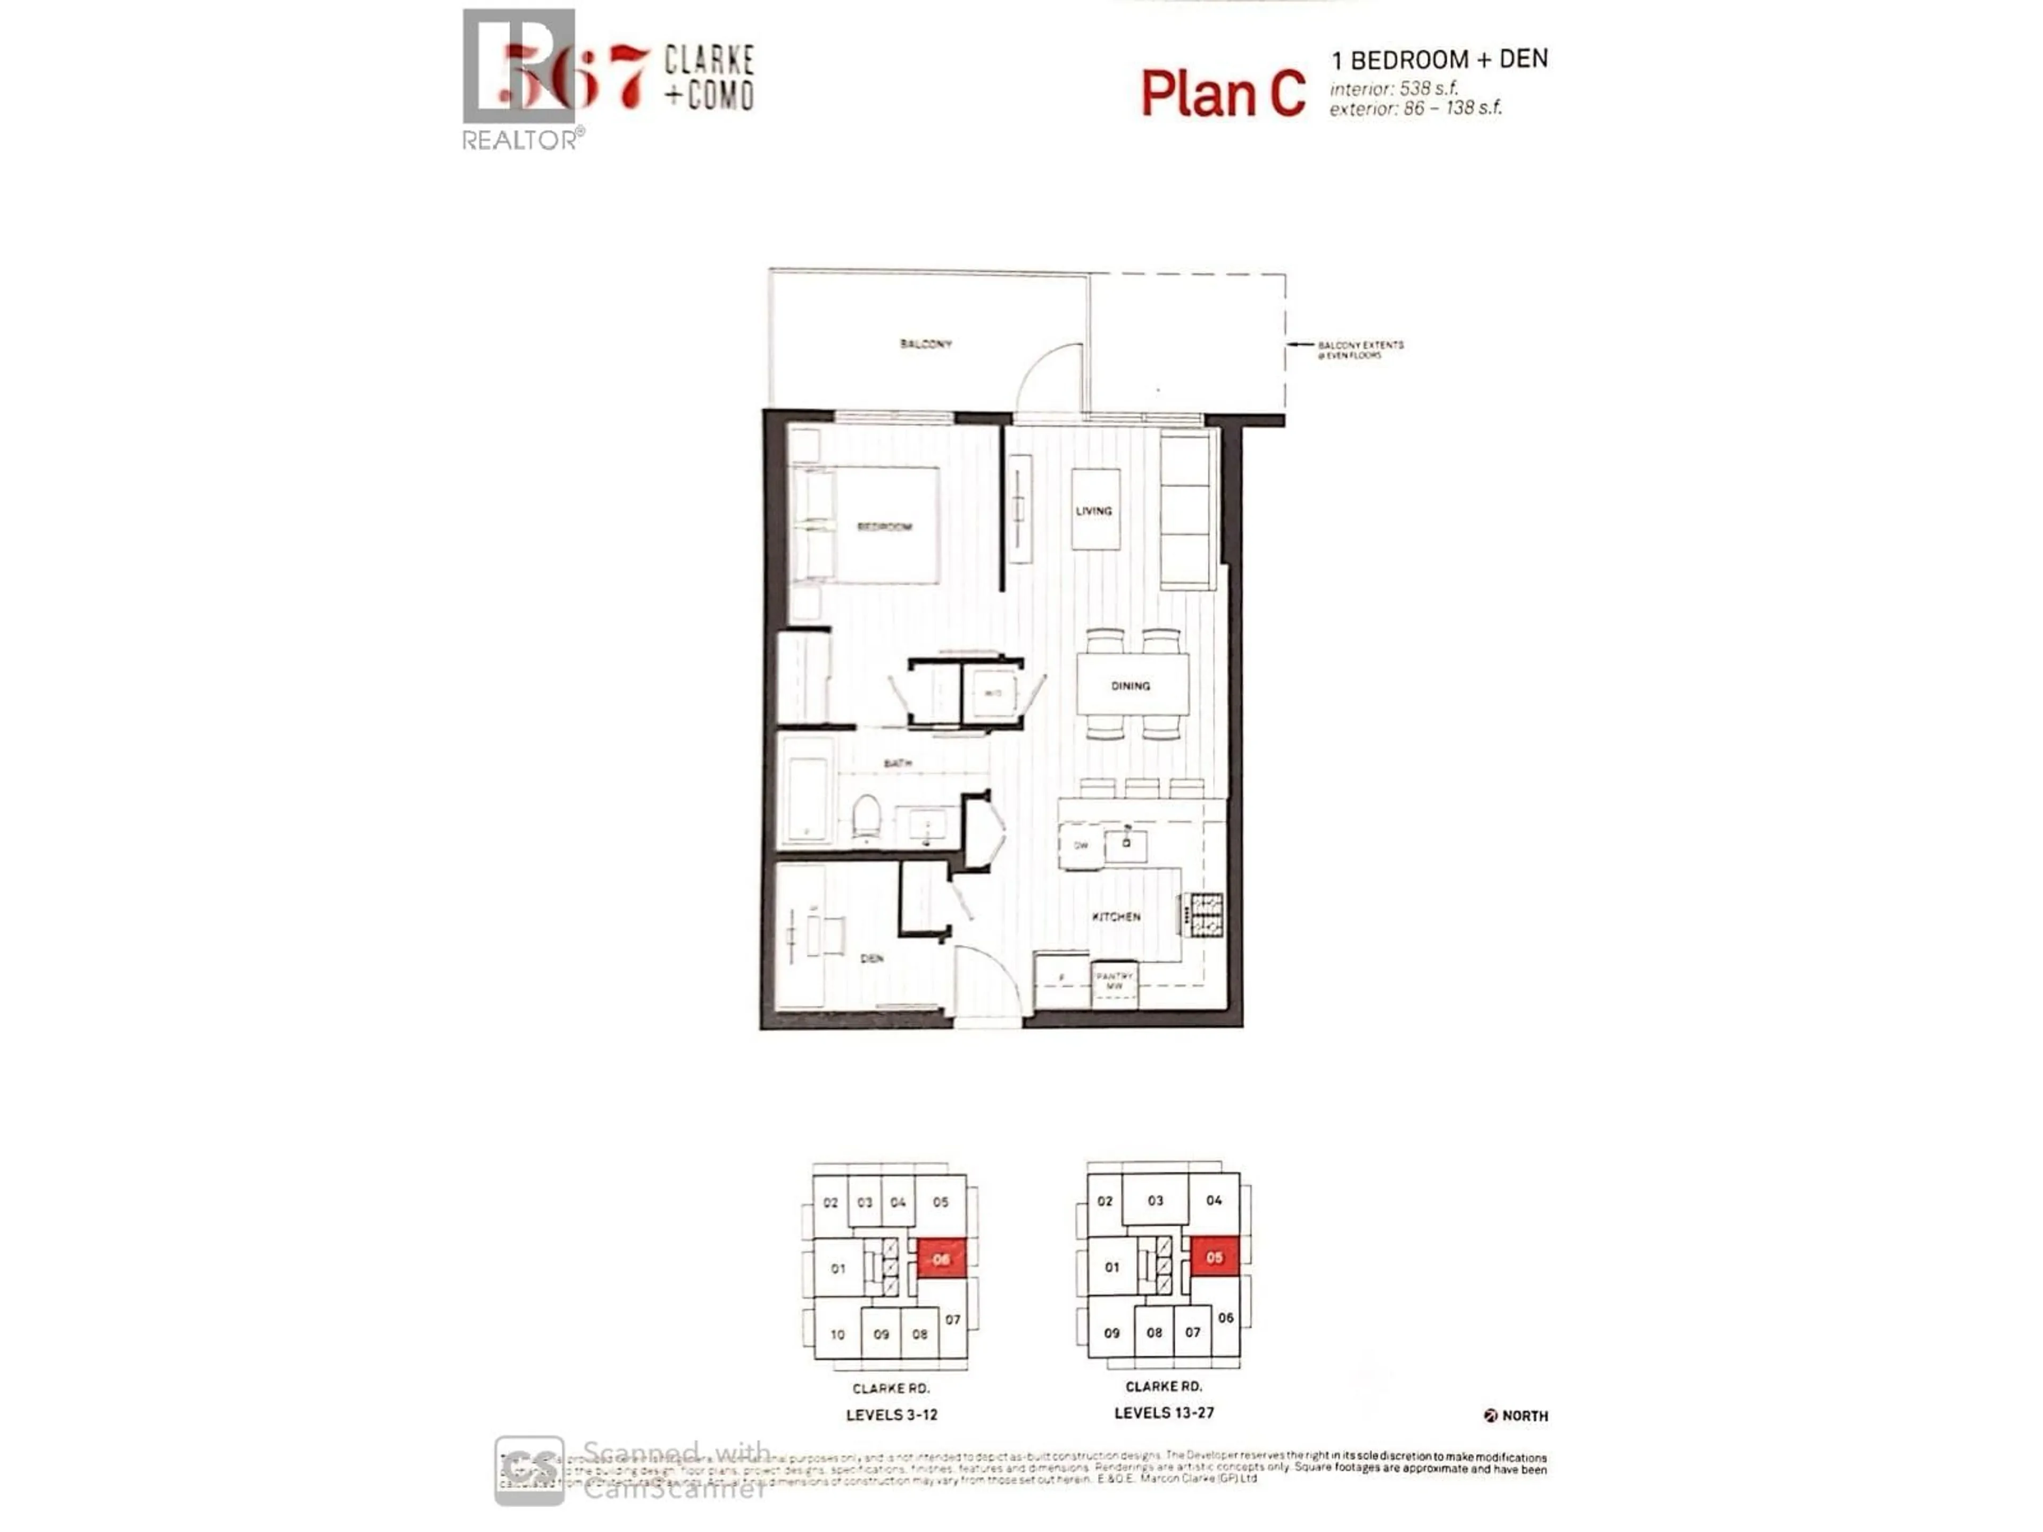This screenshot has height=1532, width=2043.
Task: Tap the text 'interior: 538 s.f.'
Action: pyautogui.click(x=1394, y=89)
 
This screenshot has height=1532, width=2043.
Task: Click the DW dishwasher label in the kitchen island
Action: pyautogui.click(x=1081, y=845)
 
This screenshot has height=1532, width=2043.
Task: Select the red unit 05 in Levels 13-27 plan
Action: pyautogui.click(x=1214, y=1257)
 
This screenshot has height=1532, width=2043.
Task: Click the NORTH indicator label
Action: pyautogui.click(x=1524, y=1416)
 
